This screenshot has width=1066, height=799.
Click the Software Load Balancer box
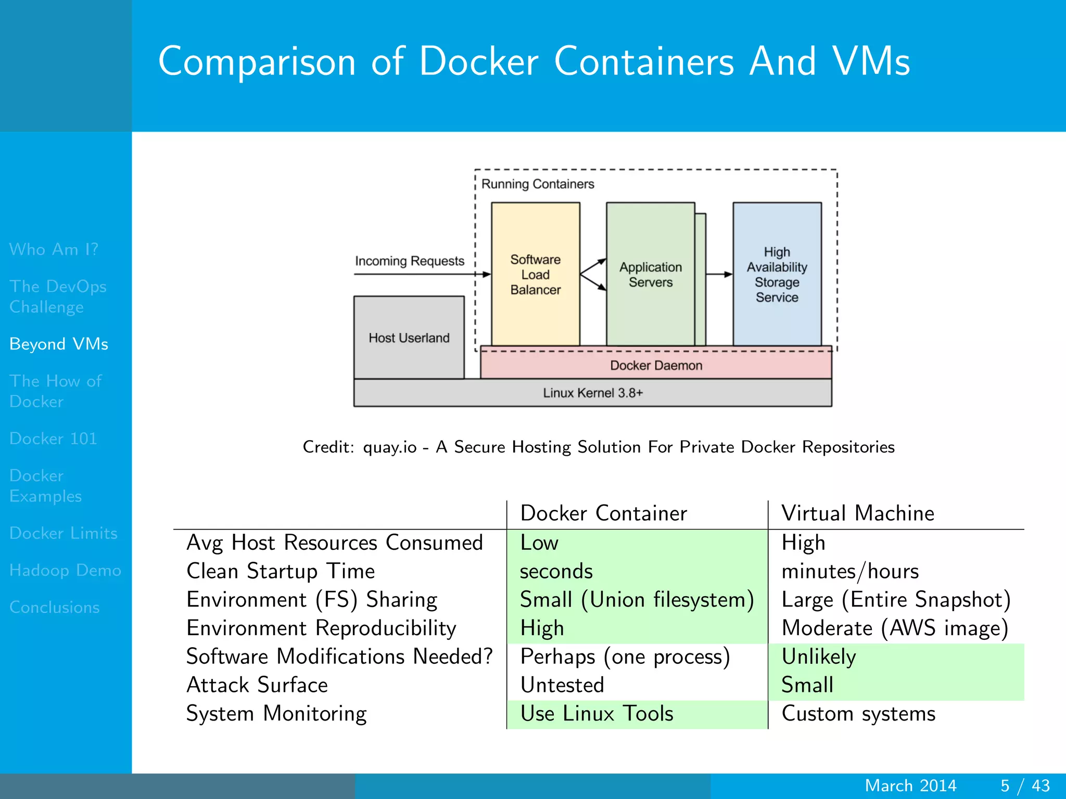[x=535, y=274]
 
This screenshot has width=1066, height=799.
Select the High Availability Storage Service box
[x=777, y=274]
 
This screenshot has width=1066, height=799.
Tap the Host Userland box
[x=409, y=338]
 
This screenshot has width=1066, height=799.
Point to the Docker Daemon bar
[x=656, y=365]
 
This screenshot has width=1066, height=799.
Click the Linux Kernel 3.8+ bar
[x=592, y=393]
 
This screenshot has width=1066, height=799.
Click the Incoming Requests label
[x=409, y=261]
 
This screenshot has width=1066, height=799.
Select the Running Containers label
[x=537, y=184]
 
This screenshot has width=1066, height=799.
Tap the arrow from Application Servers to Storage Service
[x=719, y=274]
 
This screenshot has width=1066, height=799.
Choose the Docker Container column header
[x=603, y=513]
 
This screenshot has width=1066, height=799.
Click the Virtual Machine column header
[x=858, y=513]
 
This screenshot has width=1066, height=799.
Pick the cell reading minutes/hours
[x=850, y=571]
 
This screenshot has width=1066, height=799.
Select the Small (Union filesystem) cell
[x=637, y=600]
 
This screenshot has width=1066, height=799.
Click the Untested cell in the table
[x=562, y=685]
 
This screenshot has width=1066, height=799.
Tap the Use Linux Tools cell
[x=597, y=714]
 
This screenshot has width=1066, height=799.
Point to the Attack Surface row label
[x=257, y=685]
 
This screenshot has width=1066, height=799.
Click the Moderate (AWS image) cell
[x=895, y=628]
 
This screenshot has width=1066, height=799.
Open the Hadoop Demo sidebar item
[x=65, y=570]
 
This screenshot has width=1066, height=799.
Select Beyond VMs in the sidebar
[x=59, y=344]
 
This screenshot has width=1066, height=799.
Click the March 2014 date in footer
[x=910, y=785]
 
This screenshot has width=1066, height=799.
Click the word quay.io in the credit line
[x=389, y=447]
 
